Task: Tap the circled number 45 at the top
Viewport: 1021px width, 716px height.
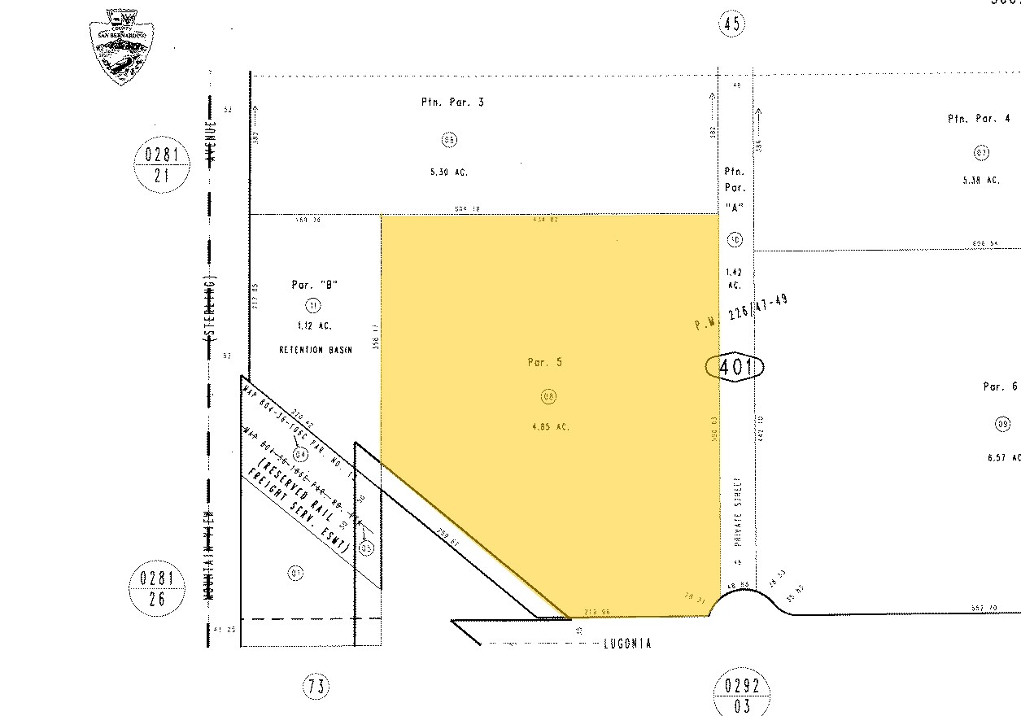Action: [731, 24]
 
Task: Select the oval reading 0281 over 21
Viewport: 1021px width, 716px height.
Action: [162, 164]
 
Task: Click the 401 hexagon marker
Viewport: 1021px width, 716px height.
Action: [734, 368]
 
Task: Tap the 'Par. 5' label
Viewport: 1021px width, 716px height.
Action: [544, 363]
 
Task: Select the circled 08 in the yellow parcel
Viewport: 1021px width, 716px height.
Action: [548, 396]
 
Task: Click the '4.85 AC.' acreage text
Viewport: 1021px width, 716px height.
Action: [551, 426]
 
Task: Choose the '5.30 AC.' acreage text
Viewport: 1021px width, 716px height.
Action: [448, 172]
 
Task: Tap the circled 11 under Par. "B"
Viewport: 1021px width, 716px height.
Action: [313, 305]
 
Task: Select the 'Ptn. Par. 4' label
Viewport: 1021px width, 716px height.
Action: [979, 119]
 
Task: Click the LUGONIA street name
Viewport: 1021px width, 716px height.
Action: [627, 643]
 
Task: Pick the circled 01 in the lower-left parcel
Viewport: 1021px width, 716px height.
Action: [295, 573]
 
